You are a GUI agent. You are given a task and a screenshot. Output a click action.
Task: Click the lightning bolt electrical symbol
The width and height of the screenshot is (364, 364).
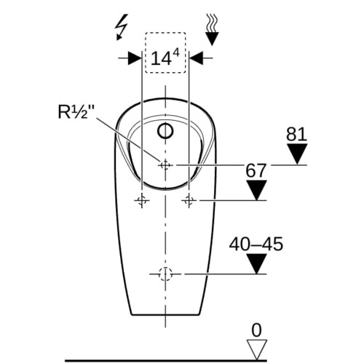tap(122, 27)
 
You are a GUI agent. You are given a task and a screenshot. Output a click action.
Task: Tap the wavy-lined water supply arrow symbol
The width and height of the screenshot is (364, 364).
tap(212, 30)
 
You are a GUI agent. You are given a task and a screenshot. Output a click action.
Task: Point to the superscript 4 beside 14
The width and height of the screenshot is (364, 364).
tap(176, 53)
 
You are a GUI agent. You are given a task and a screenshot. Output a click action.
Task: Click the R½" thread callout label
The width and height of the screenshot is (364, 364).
tap(76, 111)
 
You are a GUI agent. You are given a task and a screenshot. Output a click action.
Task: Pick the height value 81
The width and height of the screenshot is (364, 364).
tap(296, 134)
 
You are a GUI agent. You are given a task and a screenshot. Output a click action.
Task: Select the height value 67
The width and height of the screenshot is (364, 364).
tap(256, 170)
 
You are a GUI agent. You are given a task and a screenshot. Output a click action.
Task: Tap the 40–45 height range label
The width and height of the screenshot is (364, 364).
tap(256, 244)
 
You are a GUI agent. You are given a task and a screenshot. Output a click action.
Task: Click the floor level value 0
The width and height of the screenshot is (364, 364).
tap(256, 330)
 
